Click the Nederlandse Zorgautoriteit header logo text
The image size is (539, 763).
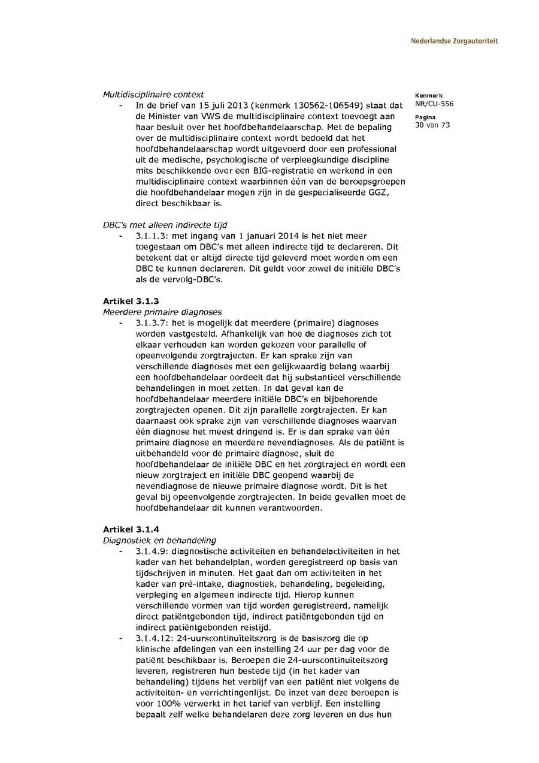click(454, 41)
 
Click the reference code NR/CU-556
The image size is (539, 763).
click(434, 104)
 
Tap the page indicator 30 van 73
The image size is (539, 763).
click(432, 125)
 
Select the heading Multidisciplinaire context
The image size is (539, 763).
click(153, 94)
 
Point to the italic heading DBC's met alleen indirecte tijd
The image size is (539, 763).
click(165, 225)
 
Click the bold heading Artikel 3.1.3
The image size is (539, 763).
click(131, 301)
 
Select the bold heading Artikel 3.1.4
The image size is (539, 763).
click(131, 529)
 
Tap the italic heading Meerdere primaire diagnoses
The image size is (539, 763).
click(162, 312)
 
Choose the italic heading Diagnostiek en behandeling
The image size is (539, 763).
click(160, 540)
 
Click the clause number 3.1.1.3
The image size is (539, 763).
click(152, 236)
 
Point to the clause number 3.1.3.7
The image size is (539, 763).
click(152, 323)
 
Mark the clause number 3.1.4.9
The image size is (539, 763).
click(152, 551)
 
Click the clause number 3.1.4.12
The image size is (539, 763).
click(154, 638)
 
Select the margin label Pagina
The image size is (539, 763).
click(425, 117)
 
